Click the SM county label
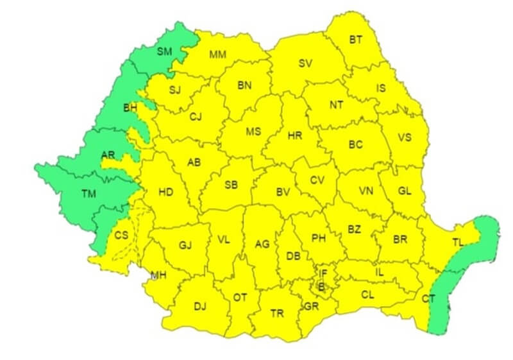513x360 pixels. [164, 51]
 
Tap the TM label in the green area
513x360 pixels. [88, 193]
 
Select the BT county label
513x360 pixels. [356, 40]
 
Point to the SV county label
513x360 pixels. [305, 63]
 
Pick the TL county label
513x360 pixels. [458, 243]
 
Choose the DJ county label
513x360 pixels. [200, 306]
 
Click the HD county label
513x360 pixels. [165, 191]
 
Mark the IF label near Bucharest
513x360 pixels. [324, 273]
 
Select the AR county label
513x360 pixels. [108, 155]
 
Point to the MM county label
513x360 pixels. [217, 55]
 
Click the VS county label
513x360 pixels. [404, 137]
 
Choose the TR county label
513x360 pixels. [277, 313]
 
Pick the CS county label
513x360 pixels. [121, 235]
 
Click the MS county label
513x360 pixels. [253, 132]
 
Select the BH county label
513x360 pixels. [130, 108]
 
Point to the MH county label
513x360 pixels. [158, 276]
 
